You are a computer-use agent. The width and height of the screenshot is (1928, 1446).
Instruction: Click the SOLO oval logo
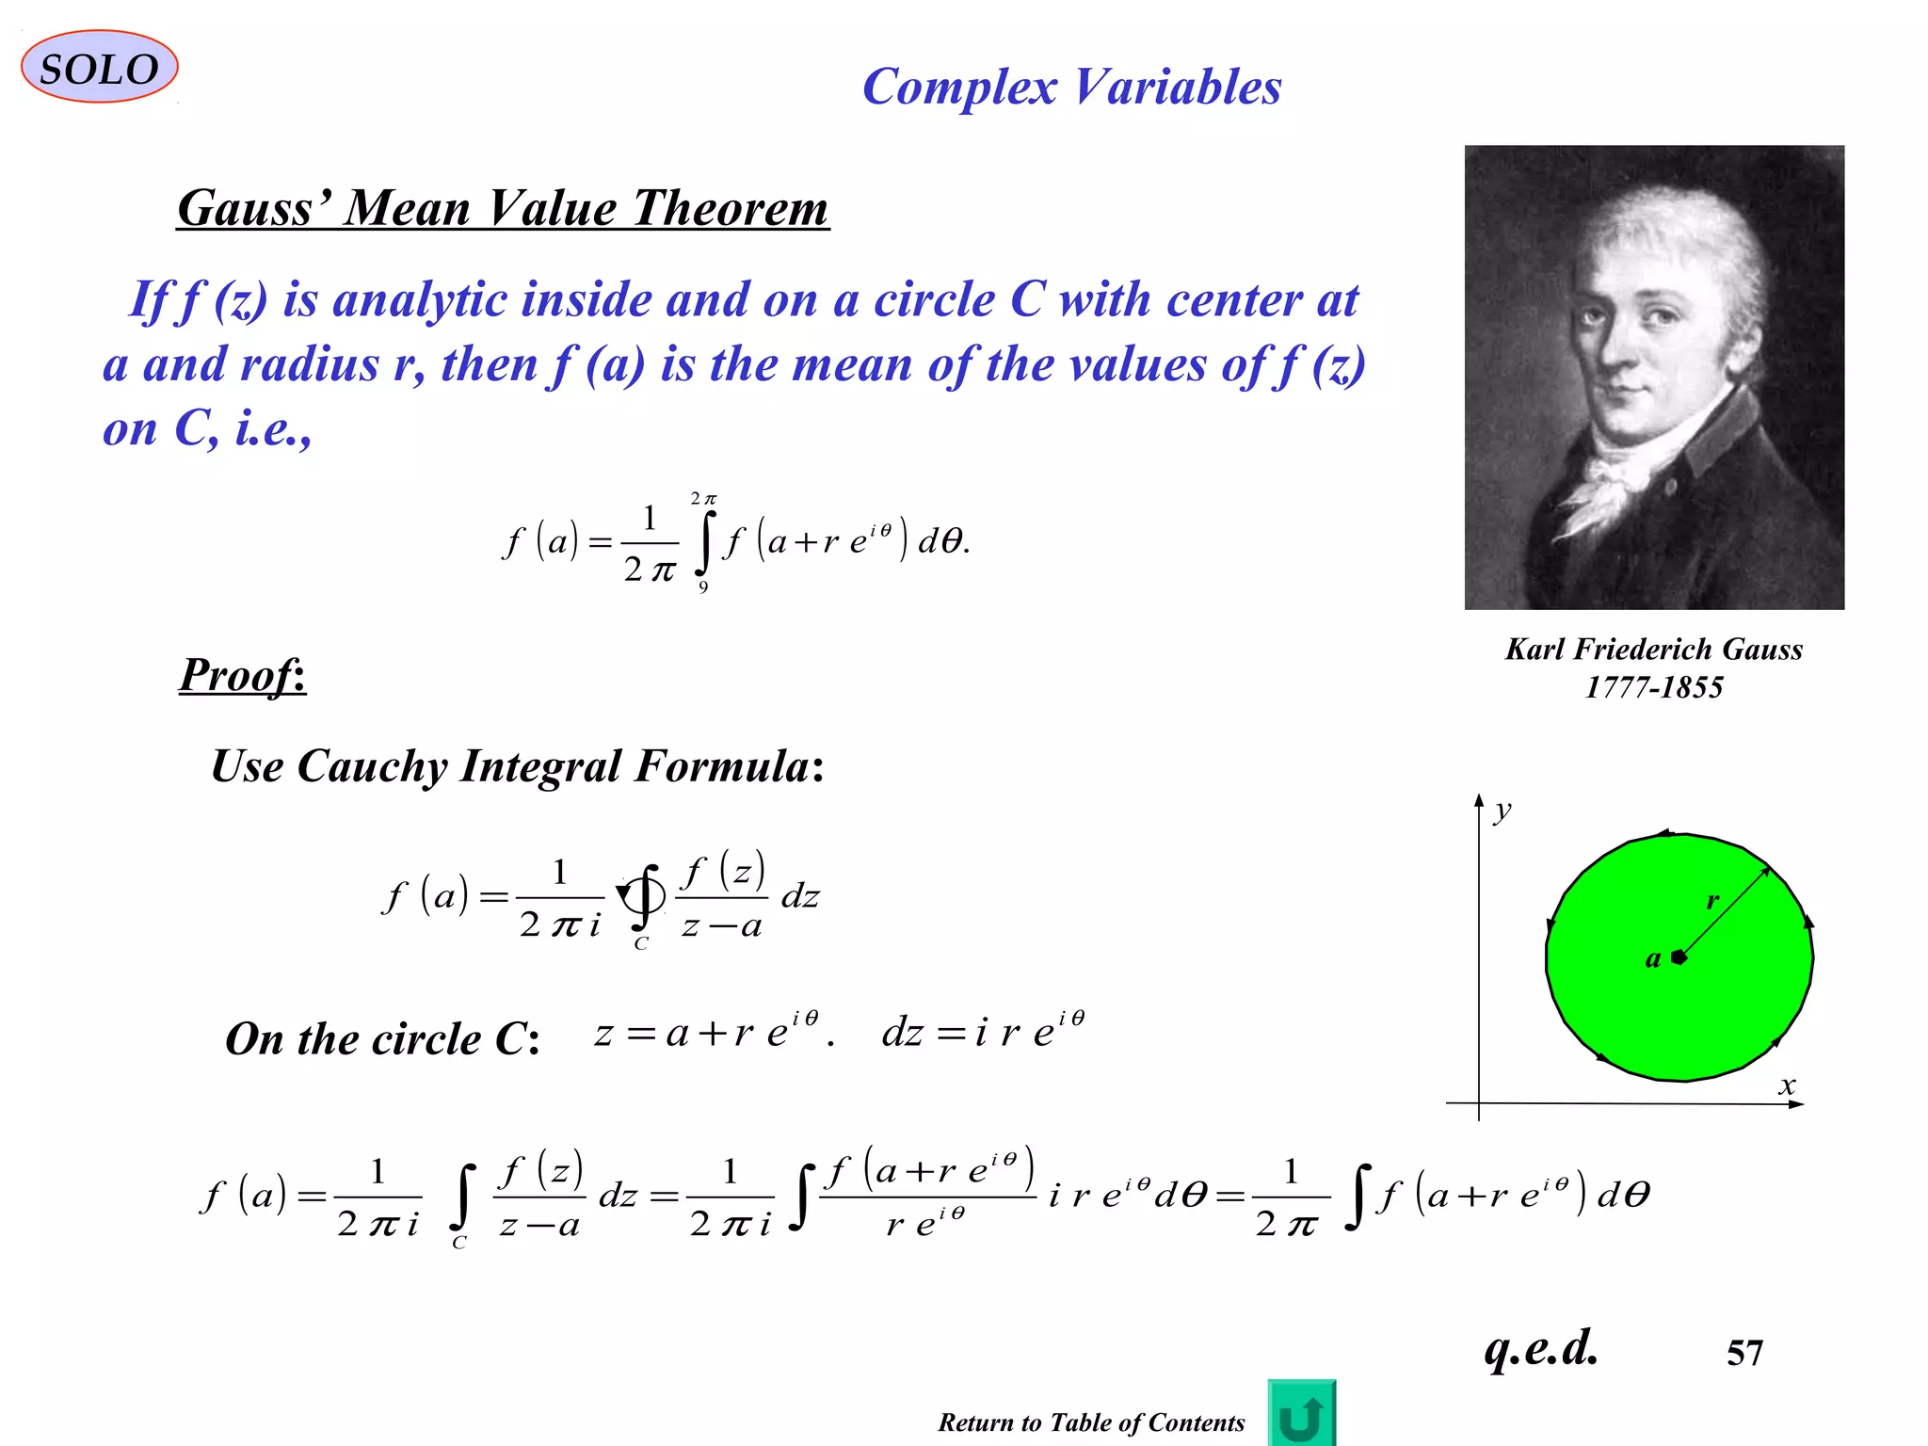(x=99, y=68)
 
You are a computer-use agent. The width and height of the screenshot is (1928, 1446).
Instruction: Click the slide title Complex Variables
(x=1071, y=88)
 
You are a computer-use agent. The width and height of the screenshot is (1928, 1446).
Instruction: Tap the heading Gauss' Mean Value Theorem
(x=503, y=208)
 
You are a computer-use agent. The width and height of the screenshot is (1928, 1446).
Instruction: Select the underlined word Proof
(x=242, y=674)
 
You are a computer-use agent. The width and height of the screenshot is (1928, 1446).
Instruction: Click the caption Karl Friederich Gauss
(x=1653, y=650)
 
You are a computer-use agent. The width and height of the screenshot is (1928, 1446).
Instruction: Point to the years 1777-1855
(x=1653, y=687)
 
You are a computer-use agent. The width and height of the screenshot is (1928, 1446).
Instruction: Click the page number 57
(x=1743, y=1353)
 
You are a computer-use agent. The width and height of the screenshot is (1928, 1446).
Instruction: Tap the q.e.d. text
(x=1540, y=1347)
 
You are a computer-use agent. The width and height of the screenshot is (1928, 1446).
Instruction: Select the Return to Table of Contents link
(x=1090, y=1422)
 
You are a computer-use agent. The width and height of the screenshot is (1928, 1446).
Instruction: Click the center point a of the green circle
(x=1679, y=957)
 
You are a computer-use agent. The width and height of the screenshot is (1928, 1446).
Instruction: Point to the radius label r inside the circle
(x=1712, y=901)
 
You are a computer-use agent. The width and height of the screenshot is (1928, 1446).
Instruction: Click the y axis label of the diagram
(x=1502, y=811)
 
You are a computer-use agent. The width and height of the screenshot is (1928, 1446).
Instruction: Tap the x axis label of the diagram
(x=1787, y=1086)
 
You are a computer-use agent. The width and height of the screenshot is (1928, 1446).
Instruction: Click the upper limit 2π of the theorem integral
(x=703, y=498)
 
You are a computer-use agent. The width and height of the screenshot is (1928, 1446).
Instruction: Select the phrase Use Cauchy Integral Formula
(x=517, y=766)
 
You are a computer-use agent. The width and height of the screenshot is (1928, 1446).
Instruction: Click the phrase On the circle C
(x=382, y=1039)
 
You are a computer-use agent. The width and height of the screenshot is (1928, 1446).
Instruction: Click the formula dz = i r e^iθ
(x=982, y=1032)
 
